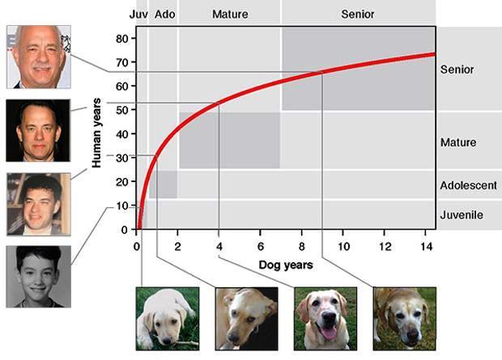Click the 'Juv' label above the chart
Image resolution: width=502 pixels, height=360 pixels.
(138, 15)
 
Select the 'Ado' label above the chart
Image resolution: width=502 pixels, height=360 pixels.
(164, 15)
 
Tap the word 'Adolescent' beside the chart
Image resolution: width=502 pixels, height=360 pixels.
(468, 185)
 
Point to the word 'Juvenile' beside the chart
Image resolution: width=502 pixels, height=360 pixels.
(462, 214)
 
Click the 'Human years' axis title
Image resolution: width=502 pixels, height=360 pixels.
(96, 133)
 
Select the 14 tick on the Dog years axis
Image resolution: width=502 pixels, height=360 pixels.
(426, 246)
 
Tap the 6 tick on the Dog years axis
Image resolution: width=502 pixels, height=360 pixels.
(261, 246)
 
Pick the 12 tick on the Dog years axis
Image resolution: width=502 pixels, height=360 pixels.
(385, 246)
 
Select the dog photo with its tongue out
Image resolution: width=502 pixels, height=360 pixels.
(325, 317)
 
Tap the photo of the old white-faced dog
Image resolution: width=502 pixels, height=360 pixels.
(404, 317)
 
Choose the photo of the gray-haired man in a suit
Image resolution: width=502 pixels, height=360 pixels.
(38, 57)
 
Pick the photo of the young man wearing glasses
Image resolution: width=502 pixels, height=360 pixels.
(38, 204)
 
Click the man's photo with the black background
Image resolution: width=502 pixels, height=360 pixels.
(38, 130)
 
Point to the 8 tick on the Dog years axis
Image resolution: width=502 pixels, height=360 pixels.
(302, 246)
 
